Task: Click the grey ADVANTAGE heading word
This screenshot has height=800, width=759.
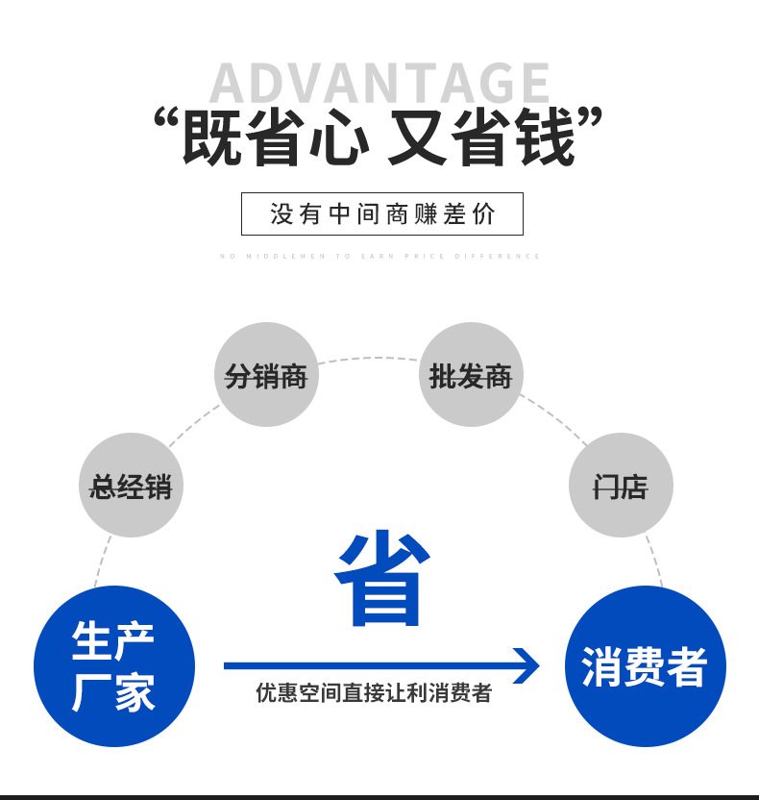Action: click(379, 83)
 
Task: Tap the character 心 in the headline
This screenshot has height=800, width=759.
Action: click(338, 138)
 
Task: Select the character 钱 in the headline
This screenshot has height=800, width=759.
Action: click(542, 138)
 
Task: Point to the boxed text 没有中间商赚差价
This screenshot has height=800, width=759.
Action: click(381, 213)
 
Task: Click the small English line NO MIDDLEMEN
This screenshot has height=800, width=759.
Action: click(380, 257)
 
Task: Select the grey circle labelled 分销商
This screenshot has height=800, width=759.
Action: click(266, 375)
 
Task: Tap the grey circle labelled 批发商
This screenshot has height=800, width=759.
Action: click(471, 375)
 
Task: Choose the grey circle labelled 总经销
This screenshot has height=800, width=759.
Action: click(131, 486)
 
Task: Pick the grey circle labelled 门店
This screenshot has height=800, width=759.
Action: click(621, 486)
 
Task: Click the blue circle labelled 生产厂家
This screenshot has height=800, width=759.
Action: click(114, 666)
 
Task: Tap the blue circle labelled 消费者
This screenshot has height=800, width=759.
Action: click(645, 666)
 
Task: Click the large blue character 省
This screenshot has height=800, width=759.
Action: click(381, 578)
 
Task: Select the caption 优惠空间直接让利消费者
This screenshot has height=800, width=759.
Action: click(374, 693)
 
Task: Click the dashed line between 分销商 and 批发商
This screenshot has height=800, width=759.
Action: click(369, 359)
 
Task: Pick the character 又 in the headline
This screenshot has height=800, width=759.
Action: click(415, 138)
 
